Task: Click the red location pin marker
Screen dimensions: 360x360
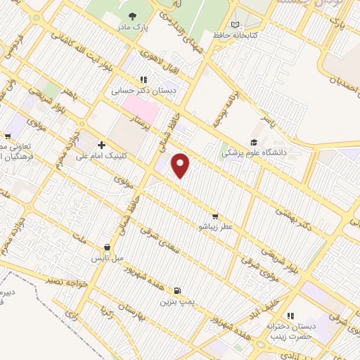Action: [181, 165]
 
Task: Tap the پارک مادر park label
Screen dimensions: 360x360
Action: [131, 27]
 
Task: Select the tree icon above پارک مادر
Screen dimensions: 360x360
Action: [131, 15]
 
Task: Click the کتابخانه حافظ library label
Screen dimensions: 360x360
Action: [236, 35]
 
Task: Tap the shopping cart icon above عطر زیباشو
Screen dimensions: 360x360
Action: [214, 217]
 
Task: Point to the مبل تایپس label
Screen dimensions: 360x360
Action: [102, 259]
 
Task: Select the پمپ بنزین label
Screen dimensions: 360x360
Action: [175, 302]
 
